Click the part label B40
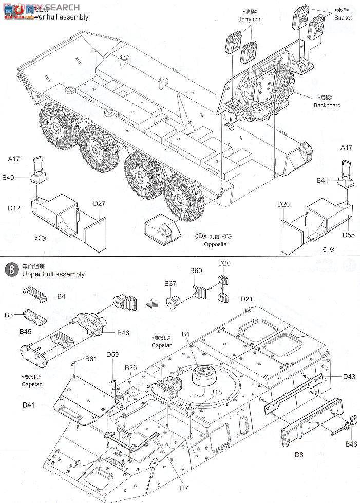(x=8, y=178)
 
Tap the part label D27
(x=99, y=203)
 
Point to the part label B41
(x=323, y=180)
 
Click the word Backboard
(x=327, y=105)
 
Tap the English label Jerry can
(x=250, y=20)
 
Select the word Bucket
(x=343, y=17)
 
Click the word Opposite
(x=215, y=244)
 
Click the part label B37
(x=170, y=283)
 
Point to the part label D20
(x=224, y=263)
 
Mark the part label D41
(x=30, y=405)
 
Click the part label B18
(x=216, y=392)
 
